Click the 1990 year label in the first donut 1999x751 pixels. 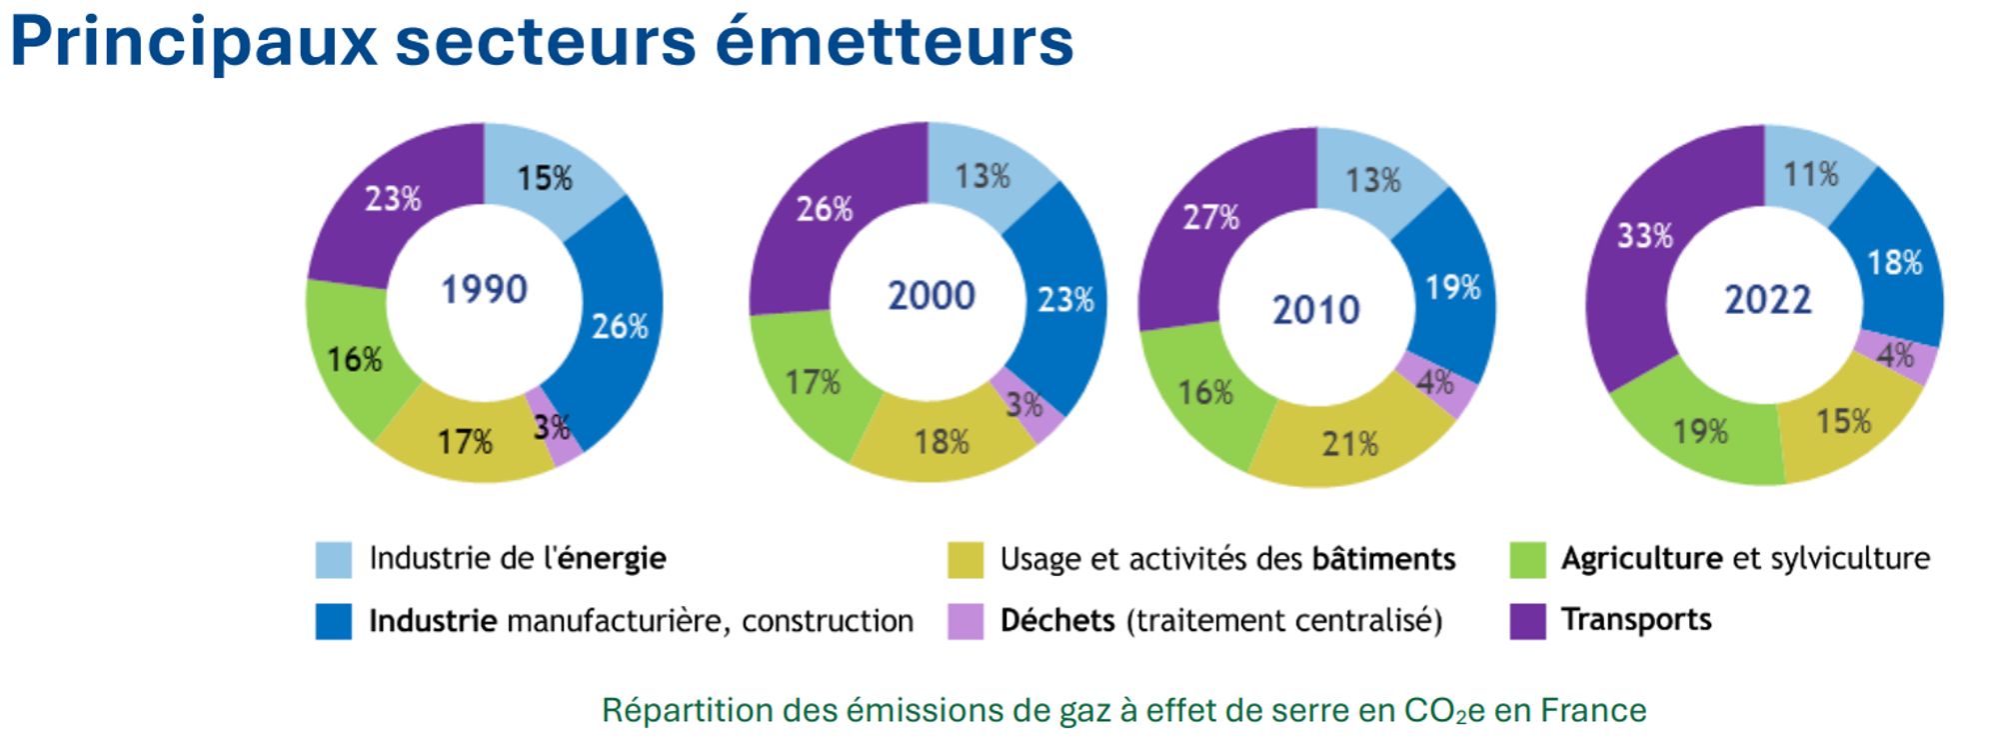click(x=485, y=290)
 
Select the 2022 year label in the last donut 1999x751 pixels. click(x=1767, y=300)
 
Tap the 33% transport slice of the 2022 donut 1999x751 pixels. click(x=1644, y=237)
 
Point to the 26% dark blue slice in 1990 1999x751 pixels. click(x=620, y=326)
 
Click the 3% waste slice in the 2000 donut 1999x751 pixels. click(x=1024, y=405)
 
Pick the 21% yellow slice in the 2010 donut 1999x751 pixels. click(x=1349, y=444)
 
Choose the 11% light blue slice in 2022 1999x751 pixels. click(x=1810, y=175)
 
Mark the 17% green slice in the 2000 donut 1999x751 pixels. click(x=812, y=382)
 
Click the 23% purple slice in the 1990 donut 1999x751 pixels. click(x=392, y=199)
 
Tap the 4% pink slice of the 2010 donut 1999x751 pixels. click(x=1435, y=382)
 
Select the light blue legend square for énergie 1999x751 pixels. click(x=333, y=560)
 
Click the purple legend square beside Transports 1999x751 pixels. click(x=1527, y=621)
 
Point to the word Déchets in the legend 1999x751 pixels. click(x=1056, y=621)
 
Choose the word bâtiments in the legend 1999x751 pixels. click(x=1382, y=559)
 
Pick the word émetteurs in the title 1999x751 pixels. click(x=894, y=42)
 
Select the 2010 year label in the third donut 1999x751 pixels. click(x=1315, y=310)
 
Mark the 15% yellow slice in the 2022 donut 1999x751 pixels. click(x=1843, y=421)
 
